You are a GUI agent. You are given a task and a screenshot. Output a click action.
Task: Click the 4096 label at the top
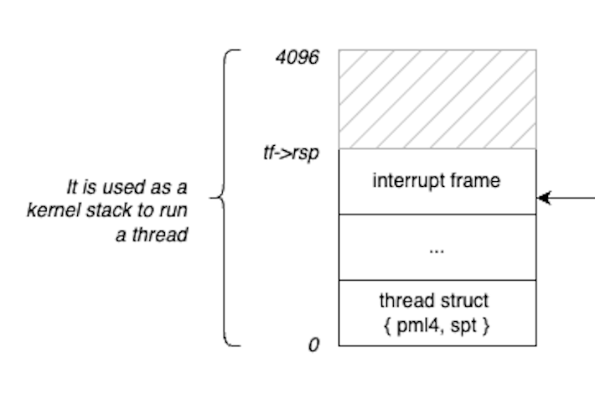(x=297, y=60)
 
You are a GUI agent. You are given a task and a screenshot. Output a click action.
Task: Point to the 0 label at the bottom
(x=313, y=345)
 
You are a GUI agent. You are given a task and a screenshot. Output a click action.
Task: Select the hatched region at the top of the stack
(x=437, y=99)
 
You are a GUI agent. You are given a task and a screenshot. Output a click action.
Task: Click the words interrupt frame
(x=437, y=180)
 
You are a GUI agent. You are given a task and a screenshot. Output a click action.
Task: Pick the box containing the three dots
(x=437, y=247)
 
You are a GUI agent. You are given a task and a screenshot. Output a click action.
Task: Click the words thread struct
(x=434, y=300)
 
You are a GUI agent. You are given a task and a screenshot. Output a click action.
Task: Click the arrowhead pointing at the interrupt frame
(x=543, y=198)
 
